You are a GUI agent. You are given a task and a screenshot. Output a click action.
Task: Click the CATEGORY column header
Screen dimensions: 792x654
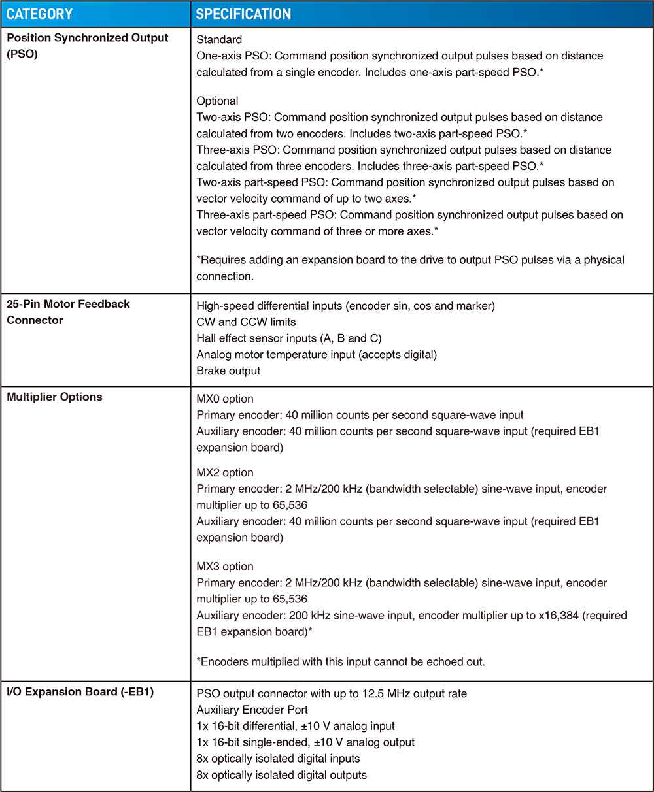pyautogui.click(x=39, y=14)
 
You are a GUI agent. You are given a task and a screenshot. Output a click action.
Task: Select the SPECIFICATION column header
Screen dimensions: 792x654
pyautogui.click(x=243, y=14)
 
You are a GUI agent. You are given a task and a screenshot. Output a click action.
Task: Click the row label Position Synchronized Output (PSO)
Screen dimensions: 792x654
pyautogui.click(x=88, y=46)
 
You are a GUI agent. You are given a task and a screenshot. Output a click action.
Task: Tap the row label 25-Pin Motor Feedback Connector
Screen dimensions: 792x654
pyautogui.click(x=68, y=312)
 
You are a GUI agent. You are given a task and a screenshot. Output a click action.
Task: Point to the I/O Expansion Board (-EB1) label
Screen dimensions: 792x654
pyautogui.click(x=80, y=692)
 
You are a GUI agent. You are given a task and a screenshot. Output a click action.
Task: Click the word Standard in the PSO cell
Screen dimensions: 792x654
pyautogui.click(x=219, y=40)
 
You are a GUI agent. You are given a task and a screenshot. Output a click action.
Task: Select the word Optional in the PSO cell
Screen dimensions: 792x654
pyautogui.click(x=217, y=101)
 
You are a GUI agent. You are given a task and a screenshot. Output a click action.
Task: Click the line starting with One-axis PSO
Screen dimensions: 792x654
pyautogui.click(x=400, y=56)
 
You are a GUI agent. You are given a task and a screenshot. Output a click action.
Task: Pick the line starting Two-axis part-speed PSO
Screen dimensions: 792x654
pyautogui.click(x=405, y=182)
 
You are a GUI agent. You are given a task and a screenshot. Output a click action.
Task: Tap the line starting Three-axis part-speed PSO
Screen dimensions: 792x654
pyautogui.click(x=409, y=215)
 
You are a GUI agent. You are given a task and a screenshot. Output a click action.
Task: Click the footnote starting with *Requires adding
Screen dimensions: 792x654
pyautogui.click(x=410, y=260)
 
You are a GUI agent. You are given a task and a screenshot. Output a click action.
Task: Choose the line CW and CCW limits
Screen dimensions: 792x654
pyautogui.click(x=246, y=322)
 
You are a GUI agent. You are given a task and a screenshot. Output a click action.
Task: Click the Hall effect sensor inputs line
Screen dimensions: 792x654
pyautogui.click(x=288, y=338)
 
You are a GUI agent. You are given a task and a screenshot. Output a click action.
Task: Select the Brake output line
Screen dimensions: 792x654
pyautogui.click(x=228, y=371)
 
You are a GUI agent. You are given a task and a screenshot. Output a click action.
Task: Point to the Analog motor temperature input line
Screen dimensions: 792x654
pyautogui.click(x=316, y=354)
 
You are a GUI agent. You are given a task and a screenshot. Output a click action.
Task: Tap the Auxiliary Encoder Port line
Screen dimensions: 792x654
pyautogui.click(x=252, y=710)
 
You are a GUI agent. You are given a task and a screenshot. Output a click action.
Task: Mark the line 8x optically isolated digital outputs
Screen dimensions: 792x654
pyautogui.click(x=281, y=775)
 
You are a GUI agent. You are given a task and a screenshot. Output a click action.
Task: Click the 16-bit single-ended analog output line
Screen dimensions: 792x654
pyautogui.click(x=305, y=742)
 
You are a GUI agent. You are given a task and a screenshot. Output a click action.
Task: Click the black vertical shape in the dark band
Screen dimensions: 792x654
pyautogui.click(x=95, y=538)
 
